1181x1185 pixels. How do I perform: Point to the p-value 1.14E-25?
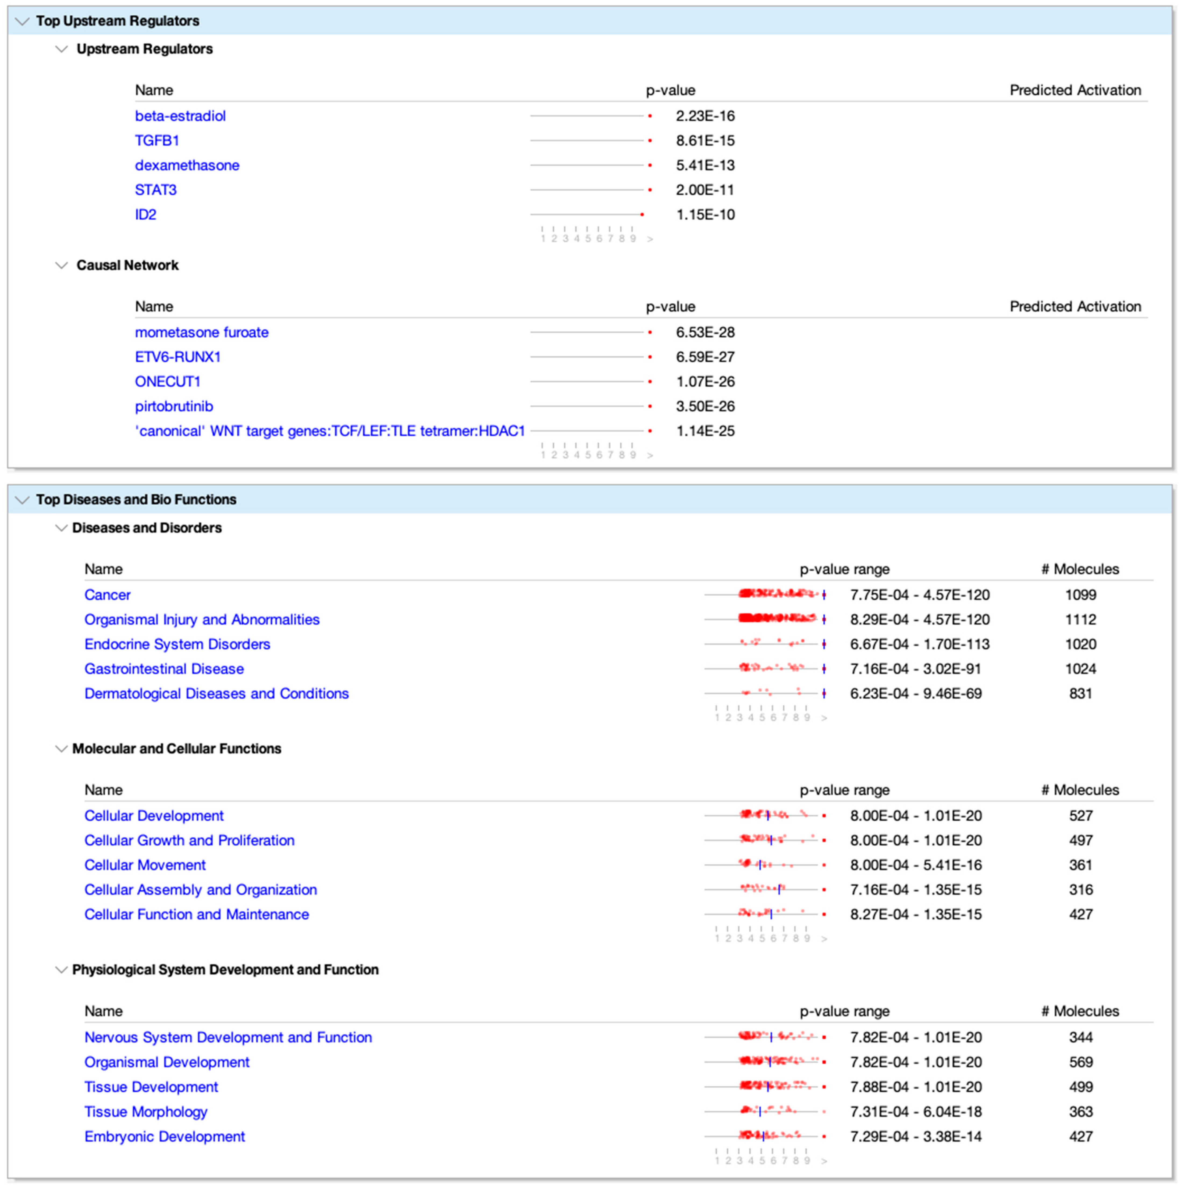(705, 431)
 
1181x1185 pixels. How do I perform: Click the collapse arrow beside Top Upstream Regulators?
(22, 22)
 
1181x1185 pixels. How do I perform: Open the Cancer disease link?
(107, 595)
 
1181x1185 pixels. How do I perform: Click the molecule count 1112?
(1080, 620)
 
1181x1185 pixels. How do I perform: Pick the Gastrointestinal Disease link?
(164, 669)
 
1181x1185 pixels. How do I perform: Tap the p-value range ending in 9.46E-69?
(915, 694)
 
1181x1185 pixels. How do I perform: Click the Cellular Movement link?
(145, 865)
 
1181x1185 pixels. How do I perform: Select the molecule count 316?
(1080, 890)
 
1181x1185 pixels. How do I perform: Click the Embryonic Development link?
(164, 1137)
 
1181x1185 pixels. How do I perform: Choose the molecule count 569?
(1080, 1062)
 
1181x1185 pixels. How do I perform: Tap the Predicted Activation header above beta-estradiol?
(1075, 90)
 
